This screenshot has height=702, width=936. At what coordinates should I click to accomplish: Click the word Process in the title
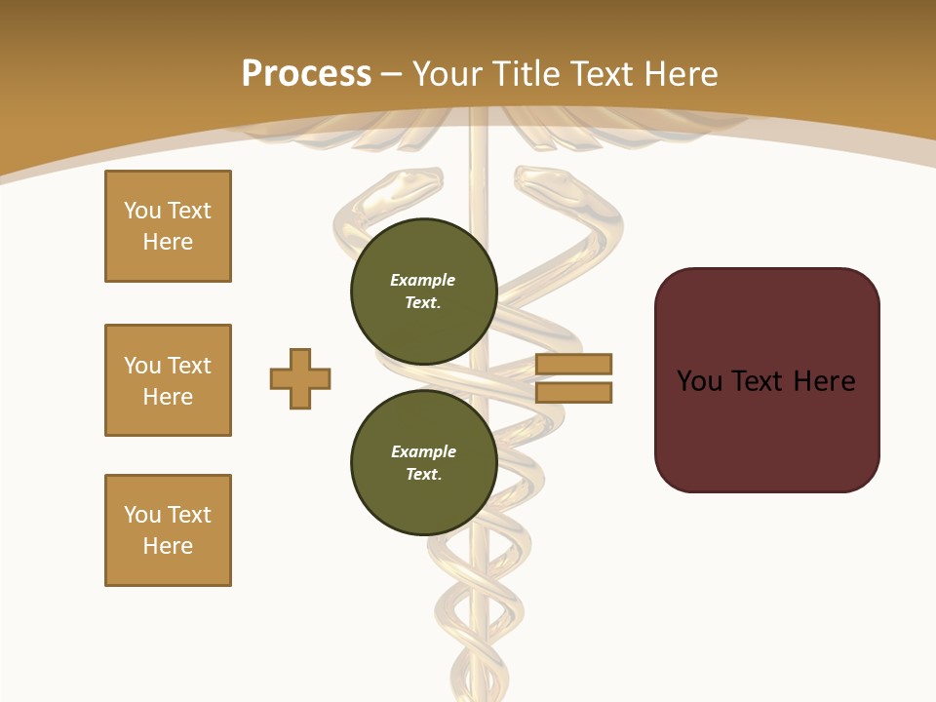[306, 73]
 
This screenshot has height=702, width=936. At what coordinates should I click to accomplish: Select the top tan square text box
[168, 226]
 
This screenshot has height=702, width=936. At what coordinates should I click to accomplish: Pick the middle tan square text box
[168, 380]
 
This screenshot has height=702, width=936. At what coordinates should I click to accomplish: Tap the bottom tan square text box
[168, 530]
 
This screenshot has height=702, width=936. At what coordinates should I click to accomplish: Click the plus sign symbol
[300, 378]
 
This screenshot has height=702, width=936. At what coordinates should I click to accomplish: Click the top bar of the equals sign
[573, 364]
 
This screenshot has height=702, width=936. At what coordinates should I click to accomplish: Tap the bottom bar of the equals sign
[573, 392]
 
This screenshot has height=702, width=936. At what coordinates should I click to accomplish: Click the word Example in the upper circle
[422, 280]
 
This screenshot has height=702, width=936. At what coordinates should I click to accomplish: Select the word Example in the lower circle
[423, 451]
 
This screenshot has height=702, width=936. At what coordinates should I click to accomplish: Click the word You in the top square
[142, 211]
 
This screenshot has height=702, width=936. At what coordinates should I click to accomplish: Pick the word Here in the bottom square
[168, 546]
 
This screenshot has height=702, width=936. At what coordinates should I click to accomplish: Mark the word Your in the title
[445, 73]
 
